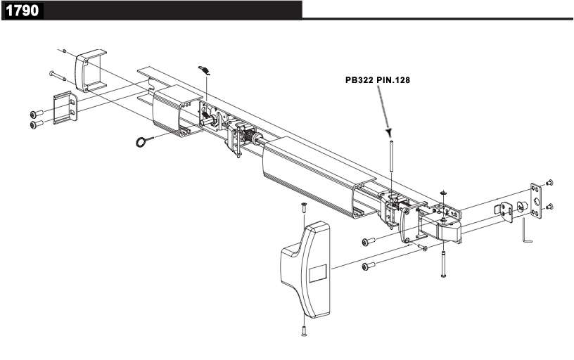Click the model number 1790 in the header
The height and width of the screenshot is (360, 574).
click(22, 11)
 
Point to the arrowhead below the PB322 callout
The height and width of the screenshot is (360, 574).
click(388, 132)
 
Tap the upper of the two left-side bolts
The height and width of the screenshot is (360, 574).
click(36, 114)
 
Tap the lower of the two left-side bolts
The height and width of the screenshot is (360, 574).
click(36, 124)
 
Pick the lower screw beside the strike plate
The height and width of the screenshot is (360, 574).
click(550, 207)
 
